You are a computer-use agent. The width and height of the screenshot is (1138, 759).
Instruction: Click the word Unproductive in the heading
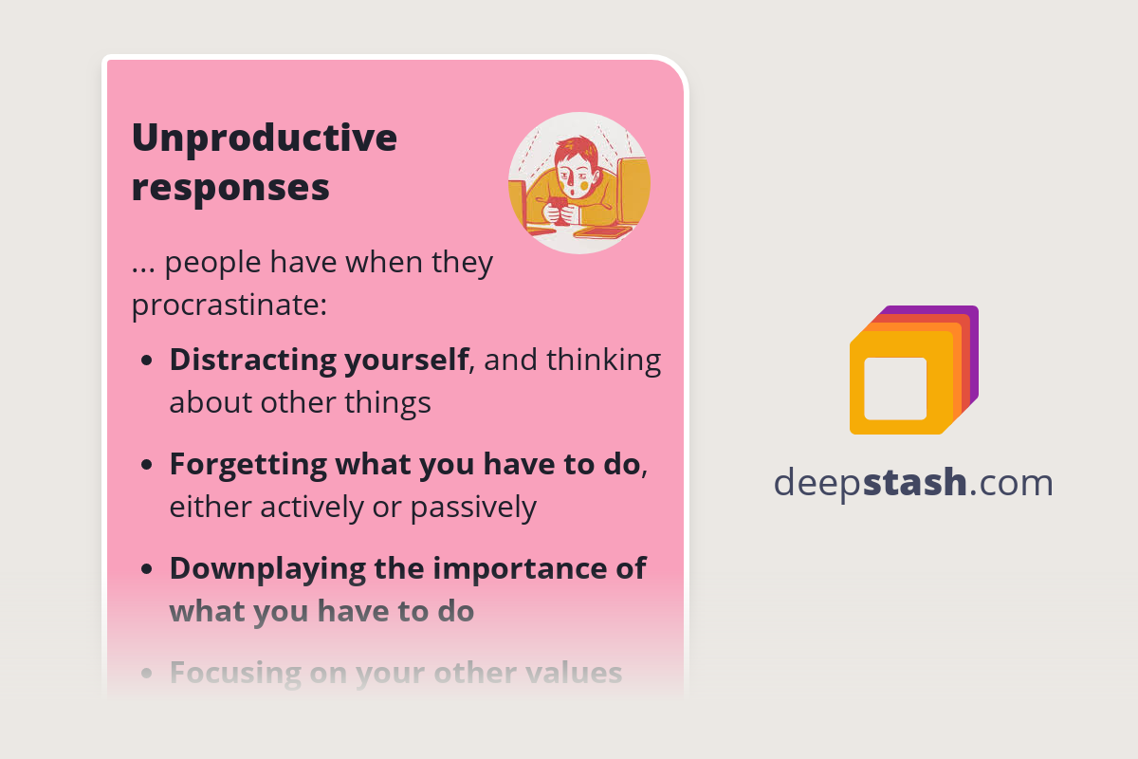[264, 139]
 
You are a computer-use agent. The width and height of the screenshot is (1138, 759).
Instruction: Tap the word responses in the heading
[230, 187]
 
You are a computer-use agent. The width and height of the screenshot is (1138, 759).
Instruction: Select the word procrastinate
[225, 305]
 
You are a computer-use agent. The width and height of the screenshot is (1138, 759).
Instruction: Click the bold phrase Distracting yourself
[319, 360]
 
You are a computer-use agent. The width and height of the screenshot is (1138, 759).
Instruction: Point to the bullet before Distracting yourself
[147, 361]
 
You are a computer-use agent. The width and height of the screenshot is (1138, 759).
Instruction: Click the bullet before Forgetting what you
[147, 466]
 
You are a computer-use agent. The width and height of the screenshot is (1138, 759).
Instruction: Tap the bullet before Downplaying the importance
[147, 570]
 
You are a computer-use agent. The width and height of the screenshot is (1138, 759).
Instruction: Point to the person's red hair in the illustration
[576, 152]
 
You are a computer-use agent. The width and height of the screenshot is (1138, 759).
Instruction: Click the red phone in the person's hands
[560, 207]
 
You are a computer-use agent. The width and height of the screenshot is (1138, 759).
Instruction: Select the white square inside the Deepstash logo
[895, 388]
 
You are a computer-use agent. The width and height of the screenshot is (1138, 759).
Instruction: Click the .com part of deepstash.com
[1012, 483]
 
